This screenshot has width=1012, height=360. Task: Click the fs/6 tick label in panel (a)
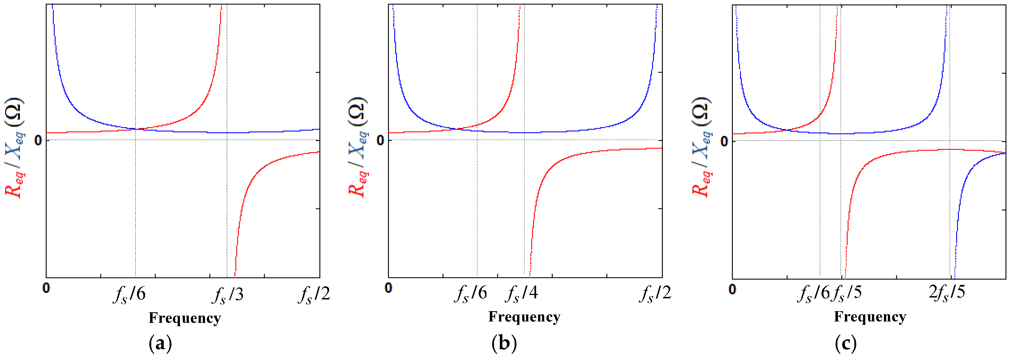130,295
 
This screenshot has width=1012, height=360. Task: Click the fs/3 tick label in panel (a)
228,295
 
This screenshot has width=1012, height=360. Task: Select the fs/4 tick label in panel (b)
521,294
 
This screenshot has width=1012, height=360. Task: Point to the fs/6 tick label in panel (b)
471,294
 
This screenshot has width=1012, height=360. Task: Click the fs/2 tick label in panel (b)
655,294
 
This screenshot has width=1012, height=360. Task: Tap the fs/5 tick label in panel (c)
847,294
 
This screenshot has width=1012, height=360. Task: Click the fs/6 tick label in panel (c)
813,294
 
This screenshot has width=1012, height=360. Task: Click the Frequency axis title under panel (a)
185,318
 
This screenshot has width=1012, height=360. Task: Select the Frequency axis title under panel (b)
524,317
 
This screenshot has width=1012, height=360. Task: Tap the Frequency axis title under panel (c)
870,317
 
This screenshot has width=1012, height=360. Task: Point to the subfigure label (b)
504,343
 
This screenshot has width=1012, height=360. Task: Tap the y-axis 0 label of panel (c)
724,141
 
